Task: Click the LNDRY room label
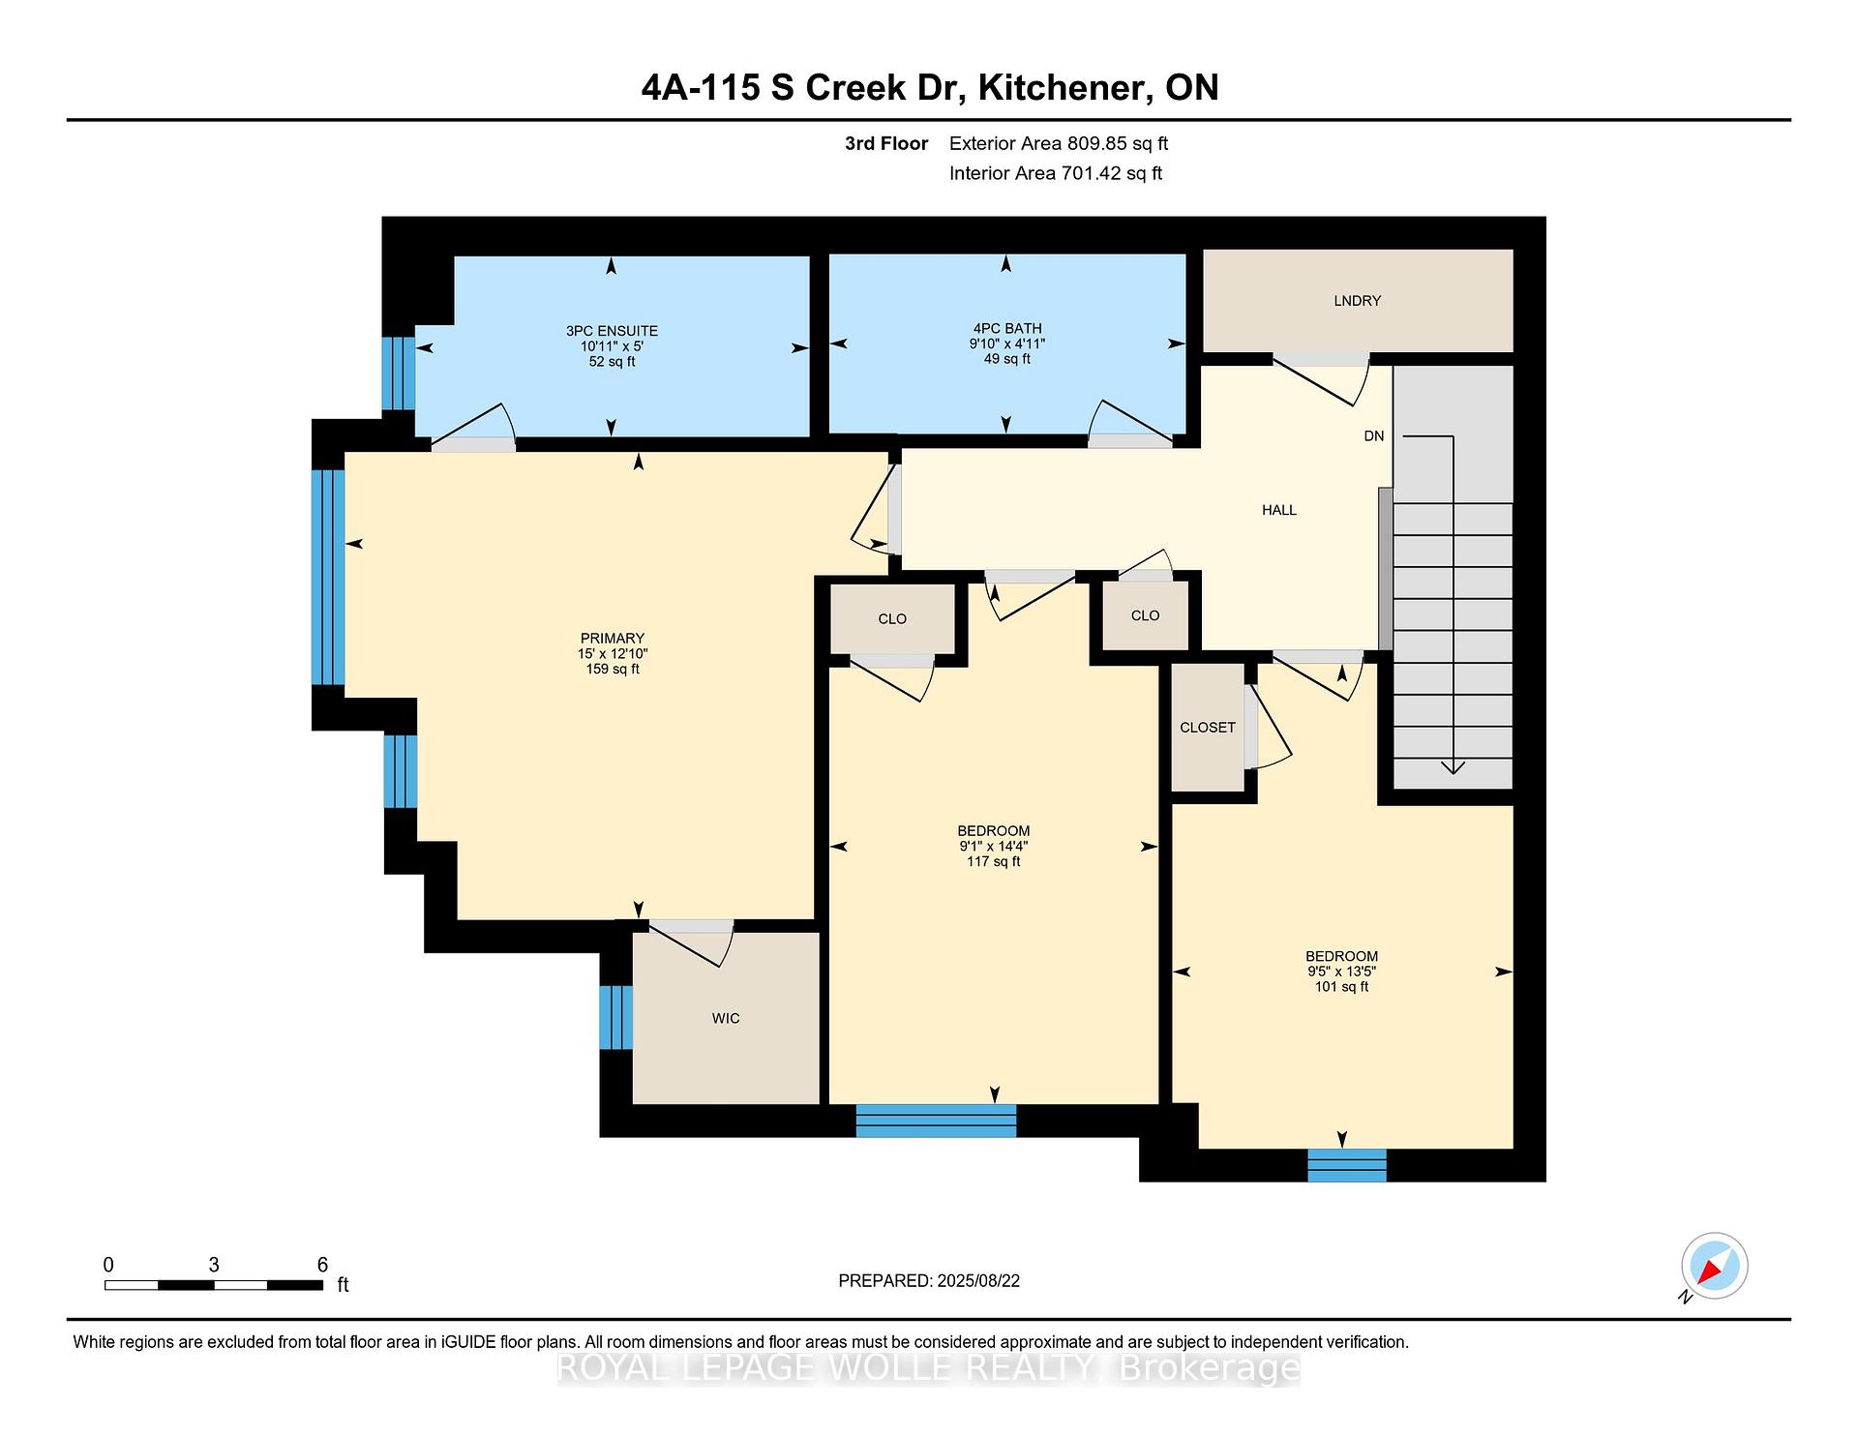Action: (x=1357, y=301)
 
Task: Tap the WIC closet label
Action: (x=726, y=1018)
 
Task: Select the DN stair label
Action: (x=1374, y=436)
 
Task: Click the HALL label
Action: (x=1279, y=510)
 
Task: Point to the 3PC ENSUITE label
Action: (x=612, y=331)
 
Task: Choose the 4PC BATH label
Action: (x=1006, y=328)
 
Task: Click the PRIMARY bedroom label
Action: (x=613, y=639)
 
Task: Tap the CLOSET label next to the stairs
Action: (x=1208, y=728)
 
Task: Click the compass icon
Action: (x=1715, y=1266)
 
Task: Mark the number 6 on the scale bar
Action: (x=322, y=1265)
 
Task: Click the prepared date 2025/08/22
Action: (x=978, y=1281)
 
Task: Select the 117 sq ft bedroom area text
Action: (x=994, y=861)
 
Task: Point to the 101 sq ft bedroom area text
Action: (x=1341, y=987)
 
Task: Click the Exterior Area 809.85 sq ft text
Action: (x=1059, y=144)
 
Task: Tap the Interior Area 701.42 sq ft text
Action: (x=1056, y=174)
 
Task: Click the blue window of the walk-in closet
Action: (x=616, y=1017)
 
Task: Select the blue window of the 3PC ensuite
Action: (x=399, y=374)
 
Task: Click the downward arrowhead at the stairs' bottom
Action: (x=1453, y=767)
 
